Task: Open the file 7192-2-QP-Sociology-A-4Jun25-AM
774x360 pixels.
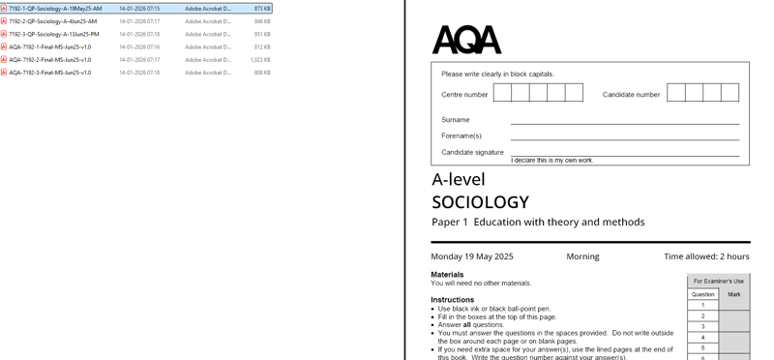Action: (53, 21)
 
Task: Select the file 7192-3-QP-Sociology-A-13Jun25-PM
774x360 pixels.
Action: (54, 34)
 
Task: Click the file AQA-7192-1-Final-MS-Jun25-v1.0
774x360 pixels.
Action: (50, 46)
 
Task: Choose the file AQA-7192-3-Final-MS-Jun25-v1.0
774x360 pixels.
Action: (50, 73)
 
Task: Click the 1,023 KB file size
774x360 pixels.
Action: (260, 60)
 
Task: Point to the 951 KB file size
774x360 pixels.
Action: (262, 34)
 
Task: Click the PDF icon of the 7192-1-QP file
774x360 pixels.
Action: (4, 9)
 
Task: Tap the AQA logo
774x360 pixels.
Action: (466, 40)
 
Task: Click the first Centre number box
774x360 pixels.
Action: (502, 93)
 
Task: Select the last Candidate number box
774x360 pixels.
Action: (729, 93)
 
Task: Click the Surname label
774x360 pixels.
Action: (456, 120)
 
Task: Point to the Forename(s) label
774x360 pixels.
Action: (461, 136)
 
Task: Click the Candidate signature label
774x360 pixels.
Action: (472, 153)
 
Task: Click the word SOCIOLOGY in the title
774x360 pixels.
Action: (480, 202)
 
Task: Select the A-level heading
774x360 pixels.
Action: (459, 180)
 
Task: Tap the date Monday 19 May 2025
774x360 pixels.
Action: (472, 256)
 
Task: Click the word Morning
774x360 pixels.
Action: (582, 256)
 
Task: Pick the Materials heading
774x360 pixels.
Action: (447, 275)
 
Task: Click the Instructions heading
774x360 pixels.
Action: (452, 300)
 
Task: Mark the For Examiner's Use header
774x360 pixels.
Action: (718, 282)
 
